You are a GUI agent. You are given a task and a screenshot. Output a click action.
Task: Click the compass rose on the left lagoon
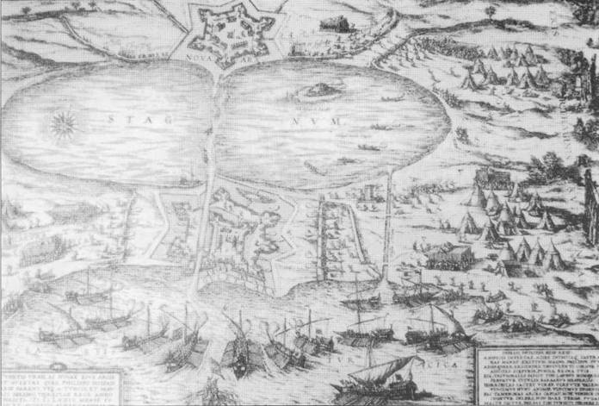click(x=61, y=127)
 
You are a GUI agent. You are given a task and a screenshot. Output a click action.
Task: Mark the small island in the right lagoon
click(x=314, y=90)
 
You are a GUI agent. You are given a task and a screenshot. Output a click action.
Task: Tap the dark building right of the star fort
click(x=336, y=22)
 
